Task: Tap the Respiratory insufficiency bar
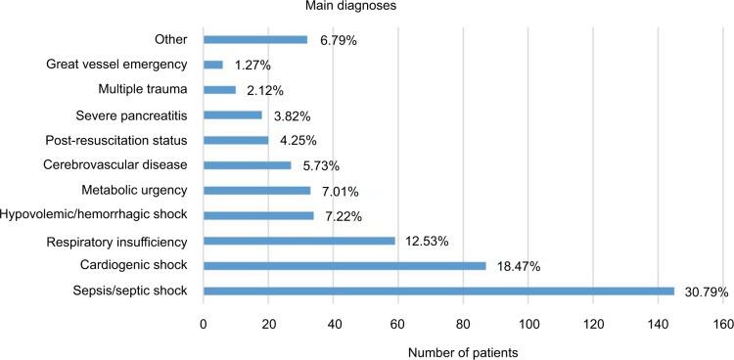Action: point(299,240)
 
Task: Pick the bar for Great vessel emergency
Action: point(213,65)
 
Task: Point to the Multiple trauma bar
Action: point(219,90)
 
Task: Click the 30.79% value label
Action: point(705,291)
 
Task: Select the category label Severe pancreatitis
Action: point(136,115)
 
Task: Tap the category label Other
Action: point(171,40)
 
